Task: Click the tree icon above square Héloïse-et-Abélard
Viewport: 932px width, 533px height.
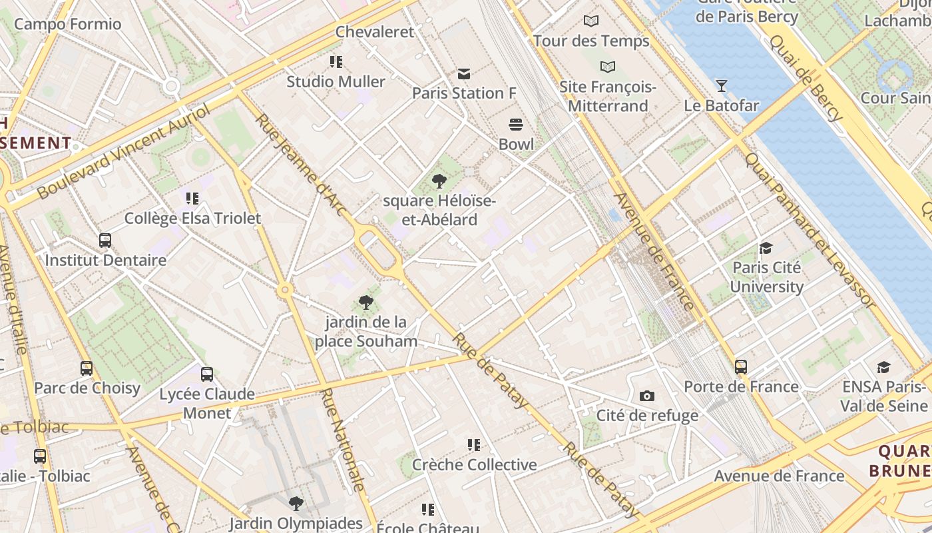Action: point(439,181)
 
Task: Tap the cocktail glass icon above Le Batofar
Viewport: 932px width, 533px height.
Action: point(721,85)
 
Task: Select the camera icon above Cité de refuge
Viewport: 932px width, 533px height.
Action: point(646,396)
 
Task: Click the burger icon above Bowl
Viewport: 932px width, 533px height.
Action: point(516,124)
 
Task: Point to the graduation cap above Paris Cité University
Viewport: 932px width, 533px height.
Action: point(766,249)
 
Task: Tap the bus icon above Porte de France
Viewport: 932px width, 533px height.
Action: point(741,366)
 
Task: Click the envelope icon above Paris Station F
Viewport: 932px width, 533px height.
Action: point(464,73)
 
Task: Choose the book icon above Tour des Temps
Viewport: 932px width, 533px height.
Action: point(591,21)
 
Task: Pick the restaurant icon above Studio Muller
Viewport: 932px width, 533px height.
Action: point(336,62)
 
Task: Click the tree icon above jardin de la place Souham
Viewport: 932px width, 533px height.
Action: point(365,302)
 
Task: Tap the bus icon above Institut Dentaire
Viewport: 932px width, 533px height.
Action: point(105,240)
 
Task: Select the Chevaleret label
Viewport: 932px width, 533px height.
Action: point(375,31)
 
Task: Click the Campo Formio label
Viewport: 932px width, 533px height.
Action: point(68,25)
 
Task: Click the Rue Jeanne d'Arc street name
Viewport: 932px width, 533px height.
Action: point(302,165)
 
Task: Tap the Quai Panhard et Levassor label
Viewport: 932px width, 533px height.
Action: point(810,230)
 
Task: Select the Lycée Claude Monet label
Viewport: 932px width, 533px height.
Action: point(207,403)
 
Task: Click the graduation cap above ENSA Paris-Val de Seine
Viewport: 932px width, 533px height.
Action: point(883,367)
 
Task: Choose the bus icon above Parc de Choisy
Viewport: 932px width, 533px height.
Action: point(87,368)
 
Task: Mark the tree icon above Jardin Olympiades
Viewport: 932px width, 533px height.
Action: point(296,504)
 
